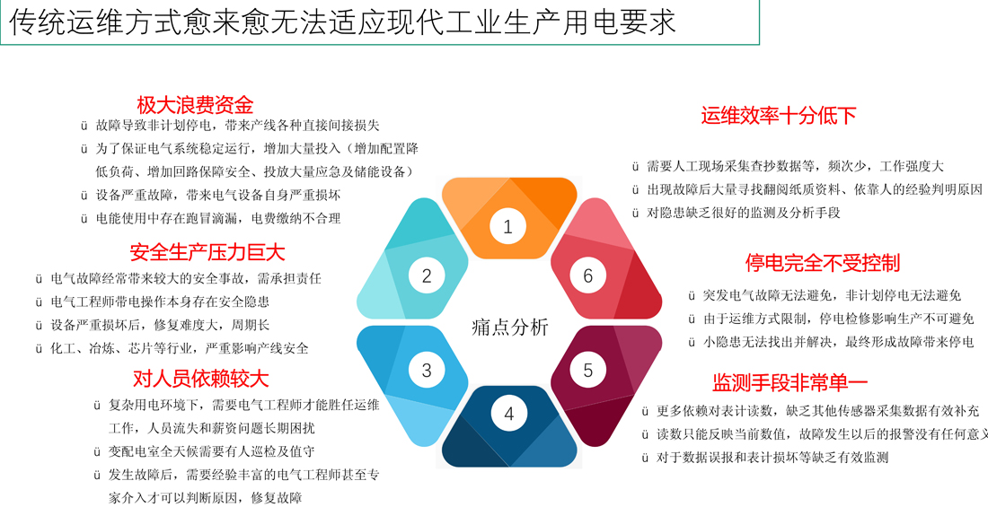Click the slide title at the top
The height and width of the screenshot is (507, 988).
pos(343,22)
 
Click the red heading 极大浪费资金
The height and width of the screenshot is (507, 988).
pos(195,105)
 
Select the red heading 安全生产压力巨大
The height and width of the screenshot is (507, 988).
pos(207,252)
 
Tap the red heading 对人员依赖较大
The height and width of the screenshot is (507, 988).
pos(201,379)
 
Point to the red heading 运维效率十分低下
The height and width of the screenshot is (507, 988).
pos(779,116)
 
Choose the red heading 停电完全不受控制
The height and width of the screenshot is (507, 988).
pos(822,262)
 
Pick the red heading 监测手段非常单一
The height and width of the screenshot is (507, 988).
pos(790,382)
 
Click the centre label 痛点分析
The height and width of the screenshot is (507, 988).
pos(510,328)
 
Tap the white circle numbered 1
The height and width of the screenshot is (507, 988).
pos(507,227)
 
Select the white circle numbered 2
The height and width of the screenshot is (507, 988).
pos(427,275)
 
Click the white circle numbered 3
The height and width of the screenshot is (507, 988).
pos(427,370)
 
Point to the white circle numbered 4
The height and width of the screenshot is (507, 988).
pos(509,414)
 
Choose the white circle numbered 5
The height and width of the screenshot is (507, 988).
pos(588,370)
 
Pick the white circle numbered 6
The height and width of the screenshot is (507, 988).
pos(588,275)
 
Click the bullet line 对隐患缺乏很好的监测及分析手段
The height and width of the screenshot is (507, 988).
pos(737,213)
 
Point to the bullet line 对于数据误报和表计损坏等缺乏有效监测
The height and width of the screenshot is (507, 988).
pos(765,458)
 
